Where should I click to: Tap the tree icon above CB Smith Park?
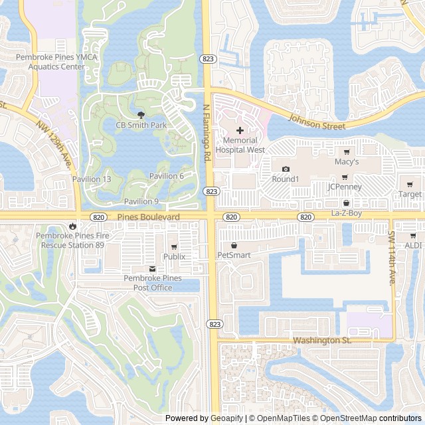point(140,115)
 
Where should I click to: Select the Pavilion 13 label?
point(92,179)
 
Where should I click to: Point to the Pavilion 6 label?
point(166,176)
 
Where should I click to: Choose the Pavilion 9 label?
point(141,201)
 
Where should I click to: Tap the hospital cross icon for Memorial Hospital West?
point(240,131)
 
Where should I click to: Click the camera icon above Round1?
point(286,169)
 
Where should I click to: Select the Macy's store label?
point(347,161)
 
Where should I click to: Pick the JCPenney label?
point(345,187)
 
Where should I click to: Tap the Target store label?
point(410,195)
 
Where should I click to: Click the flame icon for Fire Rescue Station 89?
point(72,226)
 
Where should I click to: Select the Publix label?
point(174,256)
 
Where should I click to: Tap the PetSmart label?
point(233,254)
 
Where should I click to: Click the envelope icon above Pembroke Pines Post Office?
point(153,269)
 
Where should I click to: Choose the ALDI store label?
point(413,245)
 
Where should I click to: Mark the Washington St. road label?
point(321,341)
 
